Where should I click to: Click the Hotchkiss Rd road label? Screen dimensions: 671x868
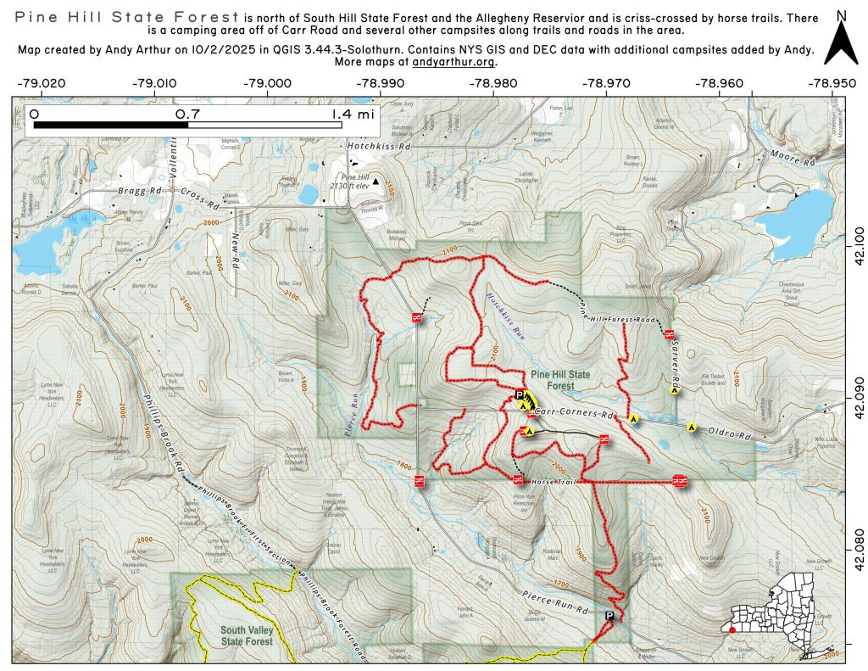379,146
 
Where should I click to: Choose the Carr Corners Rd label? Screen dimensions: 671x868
575,415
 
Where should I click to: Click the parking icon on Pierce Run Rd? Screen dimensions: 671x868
609,615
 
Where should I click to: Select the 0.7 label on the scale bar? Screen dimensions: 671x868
187,114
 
